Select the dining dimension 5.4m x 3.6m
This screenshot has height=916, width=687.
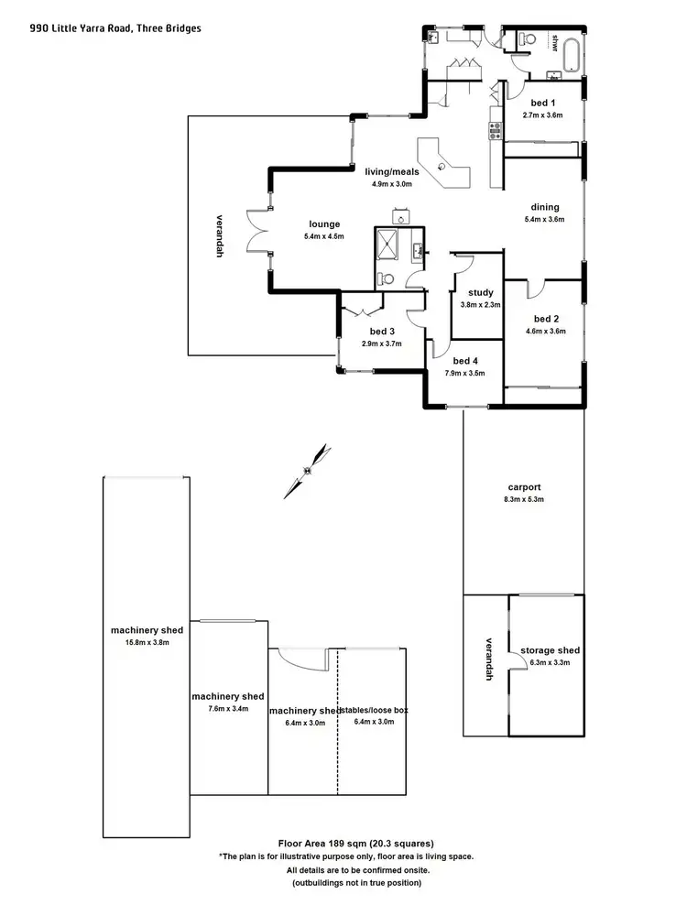[x=544, y=220]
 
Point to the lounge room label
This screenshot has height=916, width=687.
[x=323, y=224]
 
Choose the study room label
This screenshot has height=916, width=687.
[x=480, y=293]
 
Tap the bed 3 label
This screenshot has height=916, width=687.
[x=382, y=331]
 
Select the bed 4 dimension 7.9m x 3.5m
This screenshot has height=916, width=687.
[x=464, y=374]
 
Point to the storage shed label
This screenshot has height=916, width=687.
[x=550, y=649]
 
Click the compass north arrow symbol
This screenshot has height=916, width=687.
[x=308, y=470]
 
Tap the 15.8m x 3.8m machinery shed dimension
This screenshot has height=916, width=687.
[x=147, y=643]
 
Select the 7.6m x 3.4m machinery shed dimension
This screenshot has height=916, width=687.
[x=228, y=709]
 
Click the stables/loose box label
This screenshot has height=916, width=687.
[x=374, y=710]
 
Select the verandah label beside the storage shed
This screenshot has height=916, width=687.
[x=489, y=659]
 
